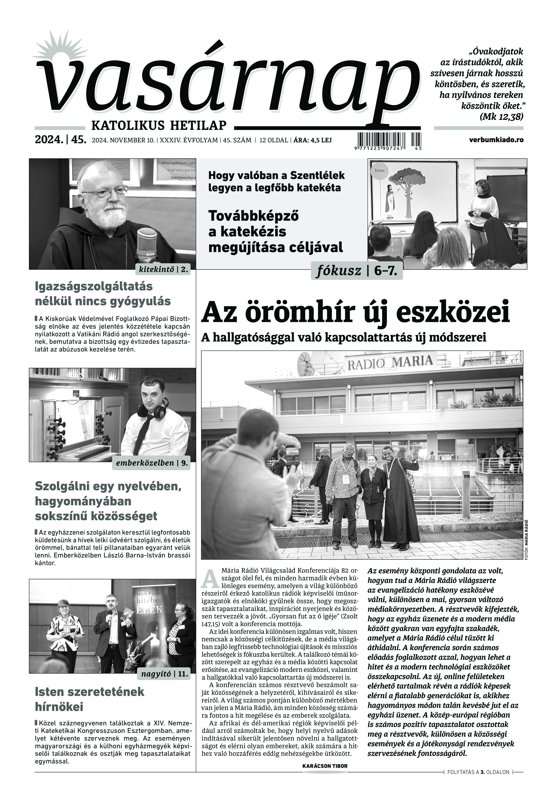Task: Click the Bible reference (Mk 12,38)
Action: coord(502,116)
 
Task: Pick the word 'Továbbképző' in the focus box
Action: coord(253,216)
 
